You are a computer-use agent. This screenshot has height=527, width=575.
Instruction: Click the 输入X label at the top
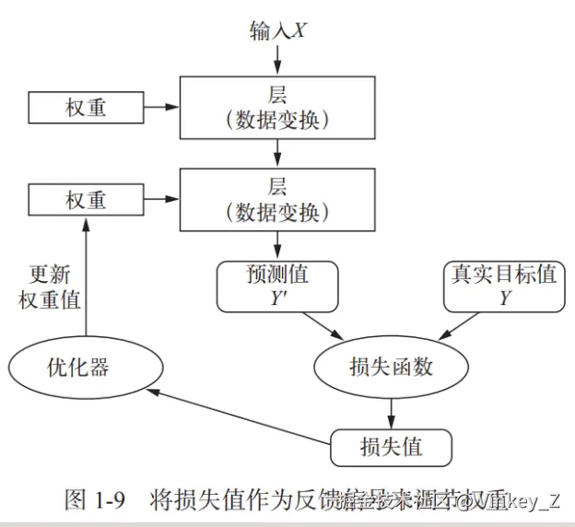[278, 30]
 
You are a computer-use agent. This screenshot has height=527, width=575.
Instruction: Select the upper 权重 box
[85, 108]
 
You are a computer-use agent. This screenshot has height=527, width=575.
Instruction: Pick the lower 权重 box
[85, 200]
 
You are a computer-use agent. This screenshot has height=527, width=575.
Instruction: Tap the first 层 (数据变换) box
[277, 107]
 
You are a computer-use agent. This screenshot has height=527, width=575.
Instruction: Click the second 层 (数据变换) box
[277, 199]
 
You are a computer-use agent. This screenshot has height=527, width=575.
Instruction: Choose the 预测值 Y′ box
[277, 287]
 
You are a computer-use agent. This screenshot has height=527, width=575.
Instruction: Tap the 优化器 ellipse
[77, 368]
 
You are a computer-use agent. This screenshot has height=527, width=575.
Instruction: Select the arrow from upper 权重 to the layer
[159, 108]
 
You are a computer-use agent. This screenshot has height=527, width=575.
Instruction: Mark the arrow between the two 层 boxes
[277, 153]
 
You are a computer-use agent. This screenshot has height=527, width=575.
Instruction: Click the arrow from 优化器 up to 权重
[85, 276]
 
